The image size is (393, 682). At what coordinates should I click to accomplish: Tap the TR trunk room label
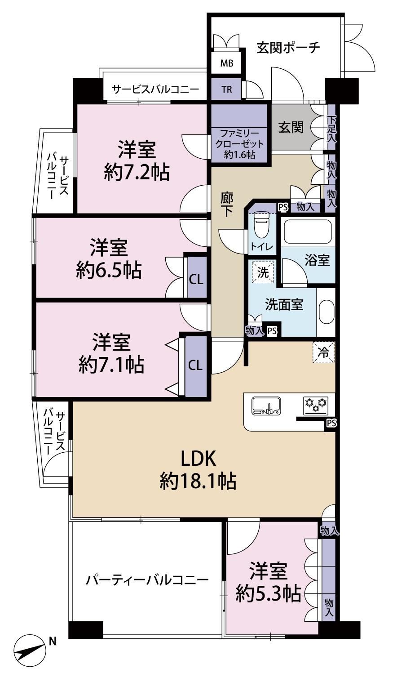point(227,89)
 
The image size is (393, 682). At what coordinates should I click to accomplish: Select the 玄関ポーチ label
point(288,48)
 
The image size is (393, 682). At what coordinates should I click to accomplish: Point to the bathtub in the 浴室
point(307,232)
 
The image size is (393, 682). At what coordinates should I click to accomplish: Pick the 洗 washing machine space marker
point(263,272)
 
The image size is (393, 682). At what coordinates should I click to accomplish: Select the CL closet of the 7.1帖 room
point(195,365)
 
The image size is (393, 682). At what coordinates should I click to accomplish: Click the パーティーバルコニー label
point(147,580)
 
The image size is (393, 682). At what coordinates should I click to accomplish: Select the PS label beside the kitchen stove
point(331,423)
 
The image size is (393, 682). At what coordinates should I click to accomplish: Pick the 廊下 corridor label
point(227,205)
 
